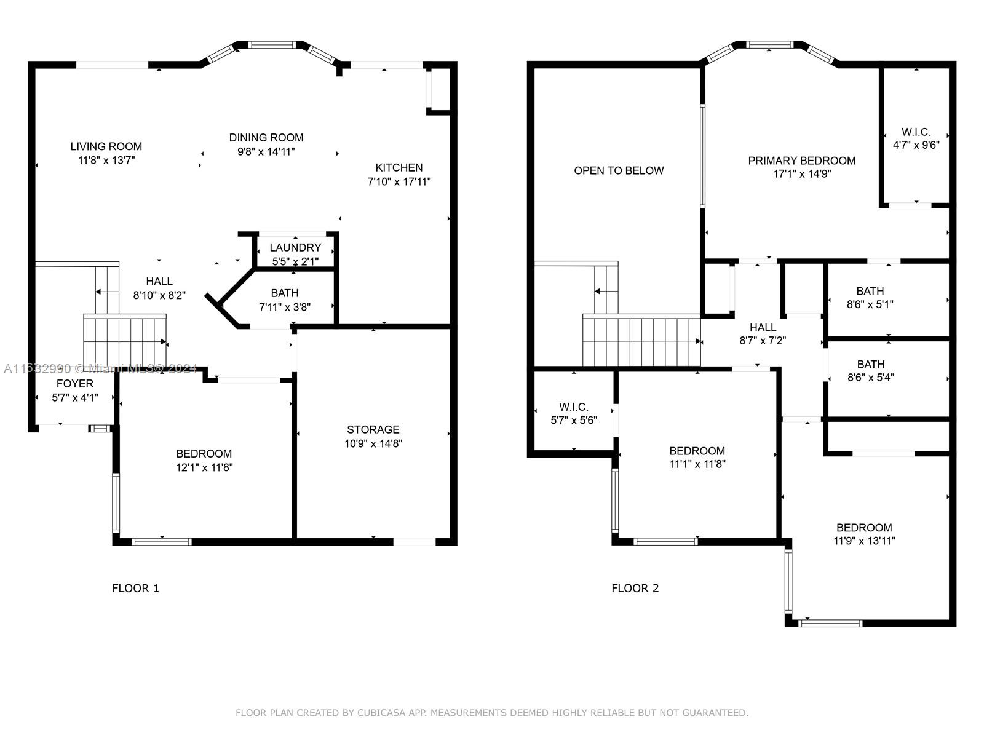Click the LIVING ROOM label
[x=106, y=146]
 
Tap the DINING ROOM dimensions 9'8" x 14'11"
[x=266, y=151]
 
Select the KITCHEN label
[x=399, y=167]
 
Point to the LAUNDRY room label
[x=295, y=247]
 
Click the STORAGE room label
[x=373, y=430]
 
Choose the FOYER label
[x=75, y=384]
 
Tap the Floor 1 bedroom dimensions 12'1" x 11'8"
[x=204, y=467]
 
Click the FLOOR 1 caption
[x=136, y=589]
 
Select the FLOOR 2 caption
[x=635, y=589]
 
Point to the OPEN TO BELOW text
[x=619, y=171]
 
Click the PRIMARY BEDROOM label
[x=801, y=161]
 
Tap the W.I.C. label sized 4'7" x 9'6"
[x=916, y=132]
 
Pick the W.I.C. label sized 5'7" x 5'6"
[x=574, y=407]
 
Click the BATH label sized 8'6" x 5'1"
[x=870, y=292]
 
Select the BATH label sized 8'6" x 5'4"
[x=871, y=365]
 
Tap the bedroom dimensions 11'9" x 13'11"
[x=864, y=541]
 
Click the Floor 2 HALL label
[x=763, y=328]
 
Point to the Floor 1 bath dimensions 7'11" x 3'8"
[x=285, y=307]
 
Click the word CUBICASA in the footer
[x=381, y=712]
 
